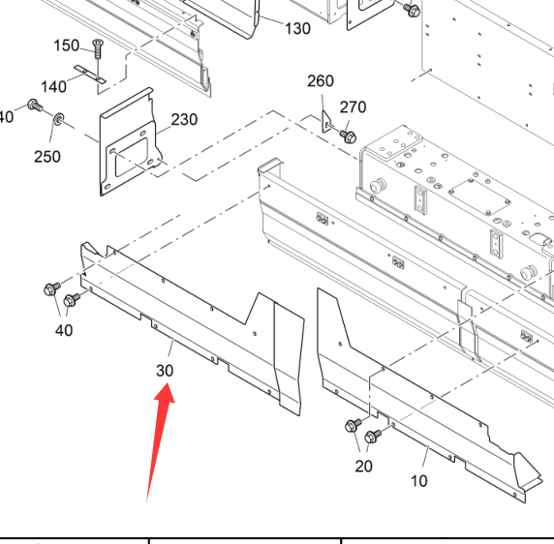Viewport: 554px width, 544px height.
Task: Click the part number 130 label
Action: coord(297,29)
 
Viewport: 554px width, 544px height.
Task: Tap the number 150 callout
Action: coord(66,45)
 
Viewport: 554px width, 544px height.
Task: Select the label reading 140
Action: coord(53,86)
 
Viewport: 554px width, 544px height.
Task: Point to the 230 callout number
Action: coord(184,120)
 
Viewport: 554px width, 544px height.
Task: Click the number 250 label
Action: coord(47,157)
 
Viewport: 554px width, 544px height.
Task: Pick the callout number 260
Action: coord(321,81)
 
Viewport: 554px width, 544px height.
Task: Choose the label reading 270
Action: coord(353,107)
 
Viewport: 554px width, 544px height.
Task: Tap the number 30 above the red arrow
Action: coord(165,371)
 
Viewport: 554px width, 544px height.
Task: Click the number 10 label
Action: coord(419,481)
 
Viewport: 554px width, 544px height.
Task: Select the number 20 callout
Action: coord(363,467)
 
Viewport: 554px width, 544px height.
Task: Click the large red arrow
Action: coord(160,442)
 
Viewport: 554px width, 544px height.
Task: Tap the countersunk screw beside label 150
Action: coord(98,49)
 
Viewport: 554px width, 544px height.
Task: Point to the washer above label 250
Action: coord(59,119)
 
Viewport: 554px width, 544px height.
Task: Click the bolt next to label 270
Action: coord(348,136)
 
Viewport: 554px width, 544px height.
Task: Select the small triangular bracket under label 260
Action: coord(326,122)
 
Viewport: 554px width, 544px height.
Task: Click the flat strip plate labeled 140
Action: coord(90,75)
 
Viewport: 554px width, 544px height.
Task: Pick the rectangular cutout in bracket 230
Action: coord(131,158)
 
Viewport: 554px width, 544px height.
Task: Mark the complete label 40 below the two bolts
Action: coord(64,330)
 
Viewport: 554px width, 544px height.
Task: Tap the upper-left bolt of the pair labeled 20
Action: coord(354,425)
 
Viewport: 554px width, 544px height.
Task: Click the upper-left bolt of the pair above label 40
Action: coord(52,288)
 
